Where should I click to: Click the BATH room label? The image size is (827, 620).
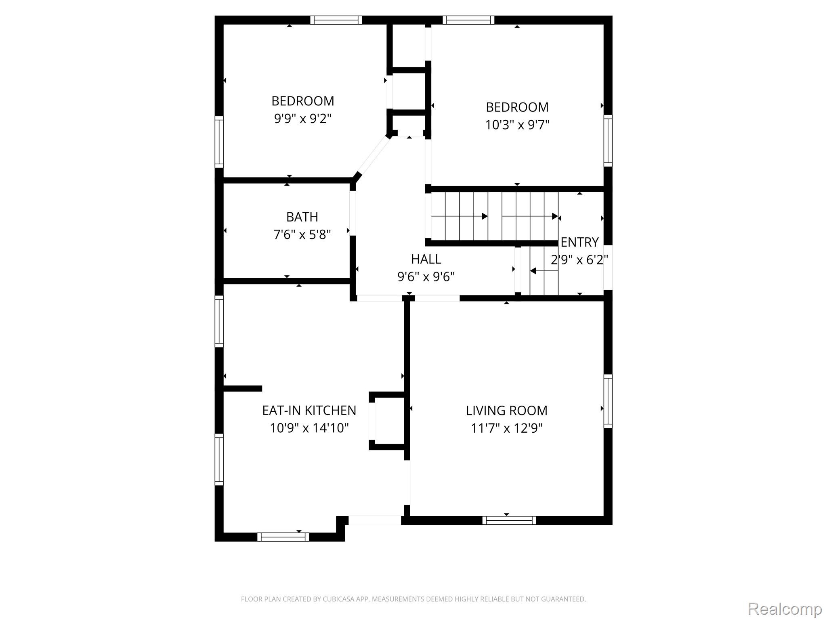click(x=302, y=217)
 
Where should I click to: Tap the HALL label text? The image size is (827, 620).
click(x=426, y=259)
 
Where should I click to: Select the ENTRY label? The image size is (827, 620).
click(x=579, y=242)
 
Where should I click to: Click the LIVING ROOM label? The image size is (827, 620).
click(x=507, y=411)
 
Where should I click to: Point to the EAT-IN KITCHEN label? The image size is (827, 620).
click(x=309, y=411)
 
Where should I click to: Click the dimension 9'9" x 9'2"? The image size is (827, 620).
click(x=303, y=119)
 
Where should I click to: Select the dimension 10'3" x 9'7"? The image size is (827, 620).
click(x=517, y=125)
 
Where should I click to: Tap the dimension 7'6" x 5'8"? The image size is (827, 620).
click(x=302, y=235)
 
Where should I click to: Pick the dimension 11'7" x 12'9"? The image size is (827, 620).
click(x=507, y=428)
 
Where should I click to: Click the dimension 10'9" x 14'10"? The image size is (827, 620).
click(x=309, y=428)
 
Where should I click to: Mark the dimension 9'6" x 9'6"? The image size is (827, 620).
click(x=426, y=276)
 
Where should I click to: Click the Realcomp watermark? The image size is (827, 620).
click(x=785, y=609)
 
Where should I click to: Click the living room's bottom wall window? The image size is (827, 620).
click(x=509, y=521)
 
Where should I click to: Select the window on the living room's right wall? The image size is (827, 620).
click(x=608, y=401)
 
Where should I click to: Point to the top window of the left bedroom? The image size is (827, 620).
click(x=336, y=20)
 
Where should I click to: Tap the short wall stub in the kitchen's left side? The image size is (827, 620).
click(x=243, y=389)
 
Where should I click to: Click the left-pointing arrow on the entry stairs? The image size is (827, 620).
click(x=544, y=271)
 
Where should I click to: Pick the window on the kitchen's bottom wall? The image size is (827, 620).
click(x=283, y=537)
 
